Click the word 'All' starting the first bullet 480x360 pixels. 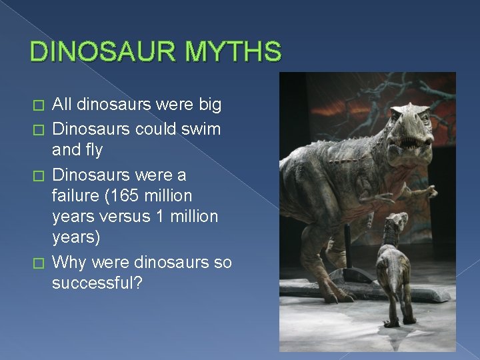(x=62, y=105)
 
